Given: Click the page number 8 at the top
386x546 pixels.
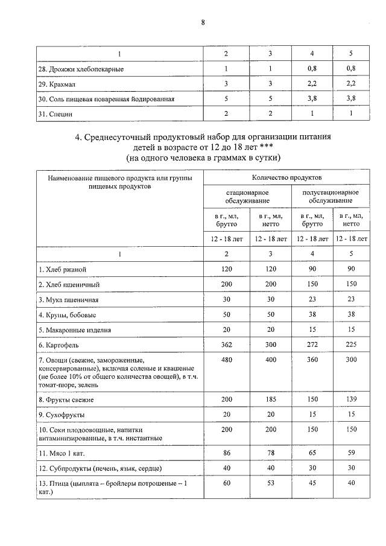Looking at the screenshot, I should point(203,23).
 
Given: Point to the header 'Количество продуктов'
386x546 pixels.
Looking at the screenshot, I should point(286,178).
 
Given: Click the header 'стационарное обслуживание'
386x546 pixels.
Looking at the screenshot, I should point(248,196).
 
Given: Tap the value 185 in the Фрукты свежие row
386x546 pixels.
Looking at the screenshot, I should point(270,399).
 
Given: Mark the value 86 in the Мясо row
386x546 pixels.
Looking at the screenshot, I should point(226,452).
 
